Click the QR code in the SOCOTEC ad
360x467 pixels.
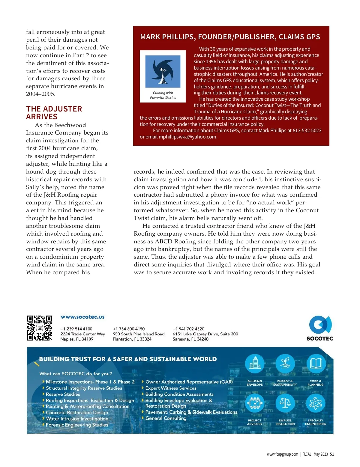click(x=39, y=328)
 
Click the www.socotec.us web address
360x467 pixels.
click(x=82, y=317)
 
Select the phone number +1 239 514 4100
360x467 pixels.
click(x=76, y=329)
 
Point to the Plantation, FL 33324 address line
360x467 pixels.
click(x=132, y=339)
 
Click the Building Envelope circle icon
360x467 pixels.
click(x=255, y=364)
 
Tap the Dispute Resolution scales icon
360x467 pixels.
click(x=285, y=403)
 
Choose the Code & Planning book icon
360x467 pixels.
click(x=316, y=364)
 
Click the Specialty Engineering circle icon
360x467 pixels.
click(x=316, y=403)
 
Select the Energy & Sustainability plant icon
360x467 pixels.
click(x=285, y=364)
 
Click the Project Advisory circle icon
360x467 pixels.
click(x=255, y=403)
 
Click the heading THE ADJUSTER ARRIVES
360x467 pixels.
click(x=54, y=113)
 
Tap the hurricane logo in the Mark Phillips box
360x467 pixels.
click(x=163, y=71)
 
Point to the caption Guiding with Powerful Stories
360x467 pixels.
click(x=163, y=95)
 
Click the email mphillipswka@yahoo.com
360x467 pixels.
click(x=187, y=137)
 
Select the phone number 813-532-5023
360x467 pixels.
click(x=307, y=131)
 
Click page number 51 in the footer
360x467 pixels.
click(x=332, y=454)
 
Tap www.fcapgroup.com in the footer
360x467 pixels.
click(x=282, y=454)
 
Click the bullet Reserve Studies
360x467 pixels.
click(x=63, y=394)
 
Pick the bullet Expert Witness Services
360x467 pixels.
click(x=171, y=388)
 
